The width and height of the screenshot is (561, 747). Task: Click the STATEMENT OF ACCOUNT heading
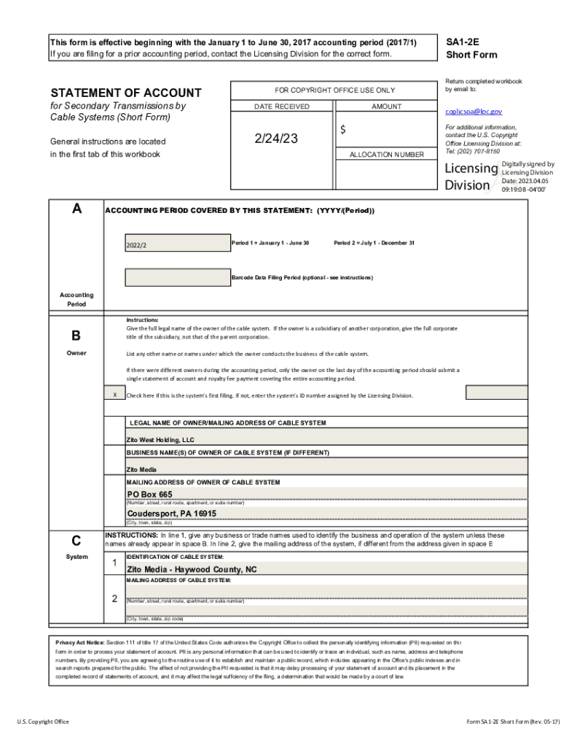pyautogui.click(x=125, y=93)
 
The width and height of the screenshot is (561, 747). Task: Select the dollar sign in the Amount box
pyautogui.click(x=342, y=130)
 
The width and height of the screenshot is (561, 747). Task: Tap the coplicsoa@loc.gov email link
pyautogui.click(x=474, y=112)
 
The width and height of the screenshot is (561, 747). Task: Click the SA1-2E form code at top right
pyautogui.click(x=462, y=42)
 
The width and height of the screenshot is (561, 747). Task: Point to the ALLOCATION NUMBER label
pyautogui.click(x=386, y=155)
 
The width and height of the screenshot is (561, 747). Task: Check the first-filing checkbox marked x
pyautogui.click(x=114, y=395)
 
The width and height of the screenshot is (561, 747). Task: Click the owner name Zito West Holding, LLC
pyautogui.click(x=160, y=440)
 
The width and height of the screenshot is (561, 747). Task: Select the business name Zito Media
pyautogui.click(x=141, y=469)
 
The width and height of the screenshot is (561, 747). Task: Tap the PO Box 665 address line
pyautogui.click(x=150, y=495)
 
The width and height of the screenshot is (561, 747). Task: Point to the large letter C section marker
pyautogui.click(x=76, y=541)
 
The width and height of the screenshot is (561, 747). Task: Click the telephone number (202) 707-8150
pyautogui.click(x=480, y=151)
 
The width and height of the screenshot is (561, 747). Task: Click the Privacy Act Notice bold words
pyautogui.click(x=80, y=642)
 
